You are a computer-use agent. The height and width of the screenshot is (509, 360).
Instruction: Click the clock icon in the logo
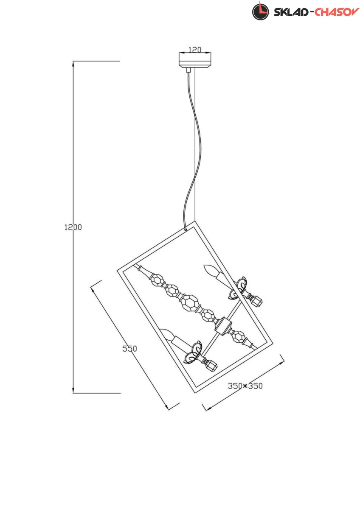click(260, 11)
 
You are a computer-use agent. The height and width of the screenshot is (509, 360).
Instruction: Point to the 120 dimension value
click(194, 50)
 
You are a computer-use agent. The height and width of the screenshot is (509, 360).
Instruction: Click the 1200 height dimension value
click(73, 227)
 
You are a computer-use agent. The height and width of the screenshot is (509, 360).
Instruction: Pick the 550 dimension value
click(129, 349)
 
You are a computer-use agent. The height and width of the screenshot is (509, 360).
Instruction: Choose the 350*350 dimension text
click(245, 386)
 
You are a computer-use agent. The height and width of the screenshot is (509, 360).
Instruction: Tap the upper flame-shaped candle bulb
click(210, 270)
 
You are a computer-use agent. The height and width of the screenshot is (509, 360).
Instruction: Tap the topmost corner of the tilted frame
click(194, 221)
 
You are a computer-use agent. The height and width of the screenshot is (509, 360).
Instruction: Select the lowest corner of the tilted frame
click(195, 393)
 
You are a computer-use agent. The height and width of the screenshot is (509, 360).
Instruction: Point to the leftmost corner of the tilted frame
click(118, 268)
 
